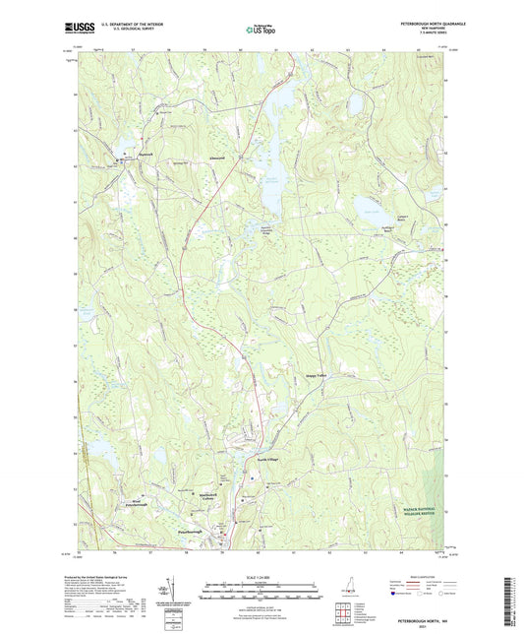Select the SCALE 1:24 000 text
click(x=262, y=576)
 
